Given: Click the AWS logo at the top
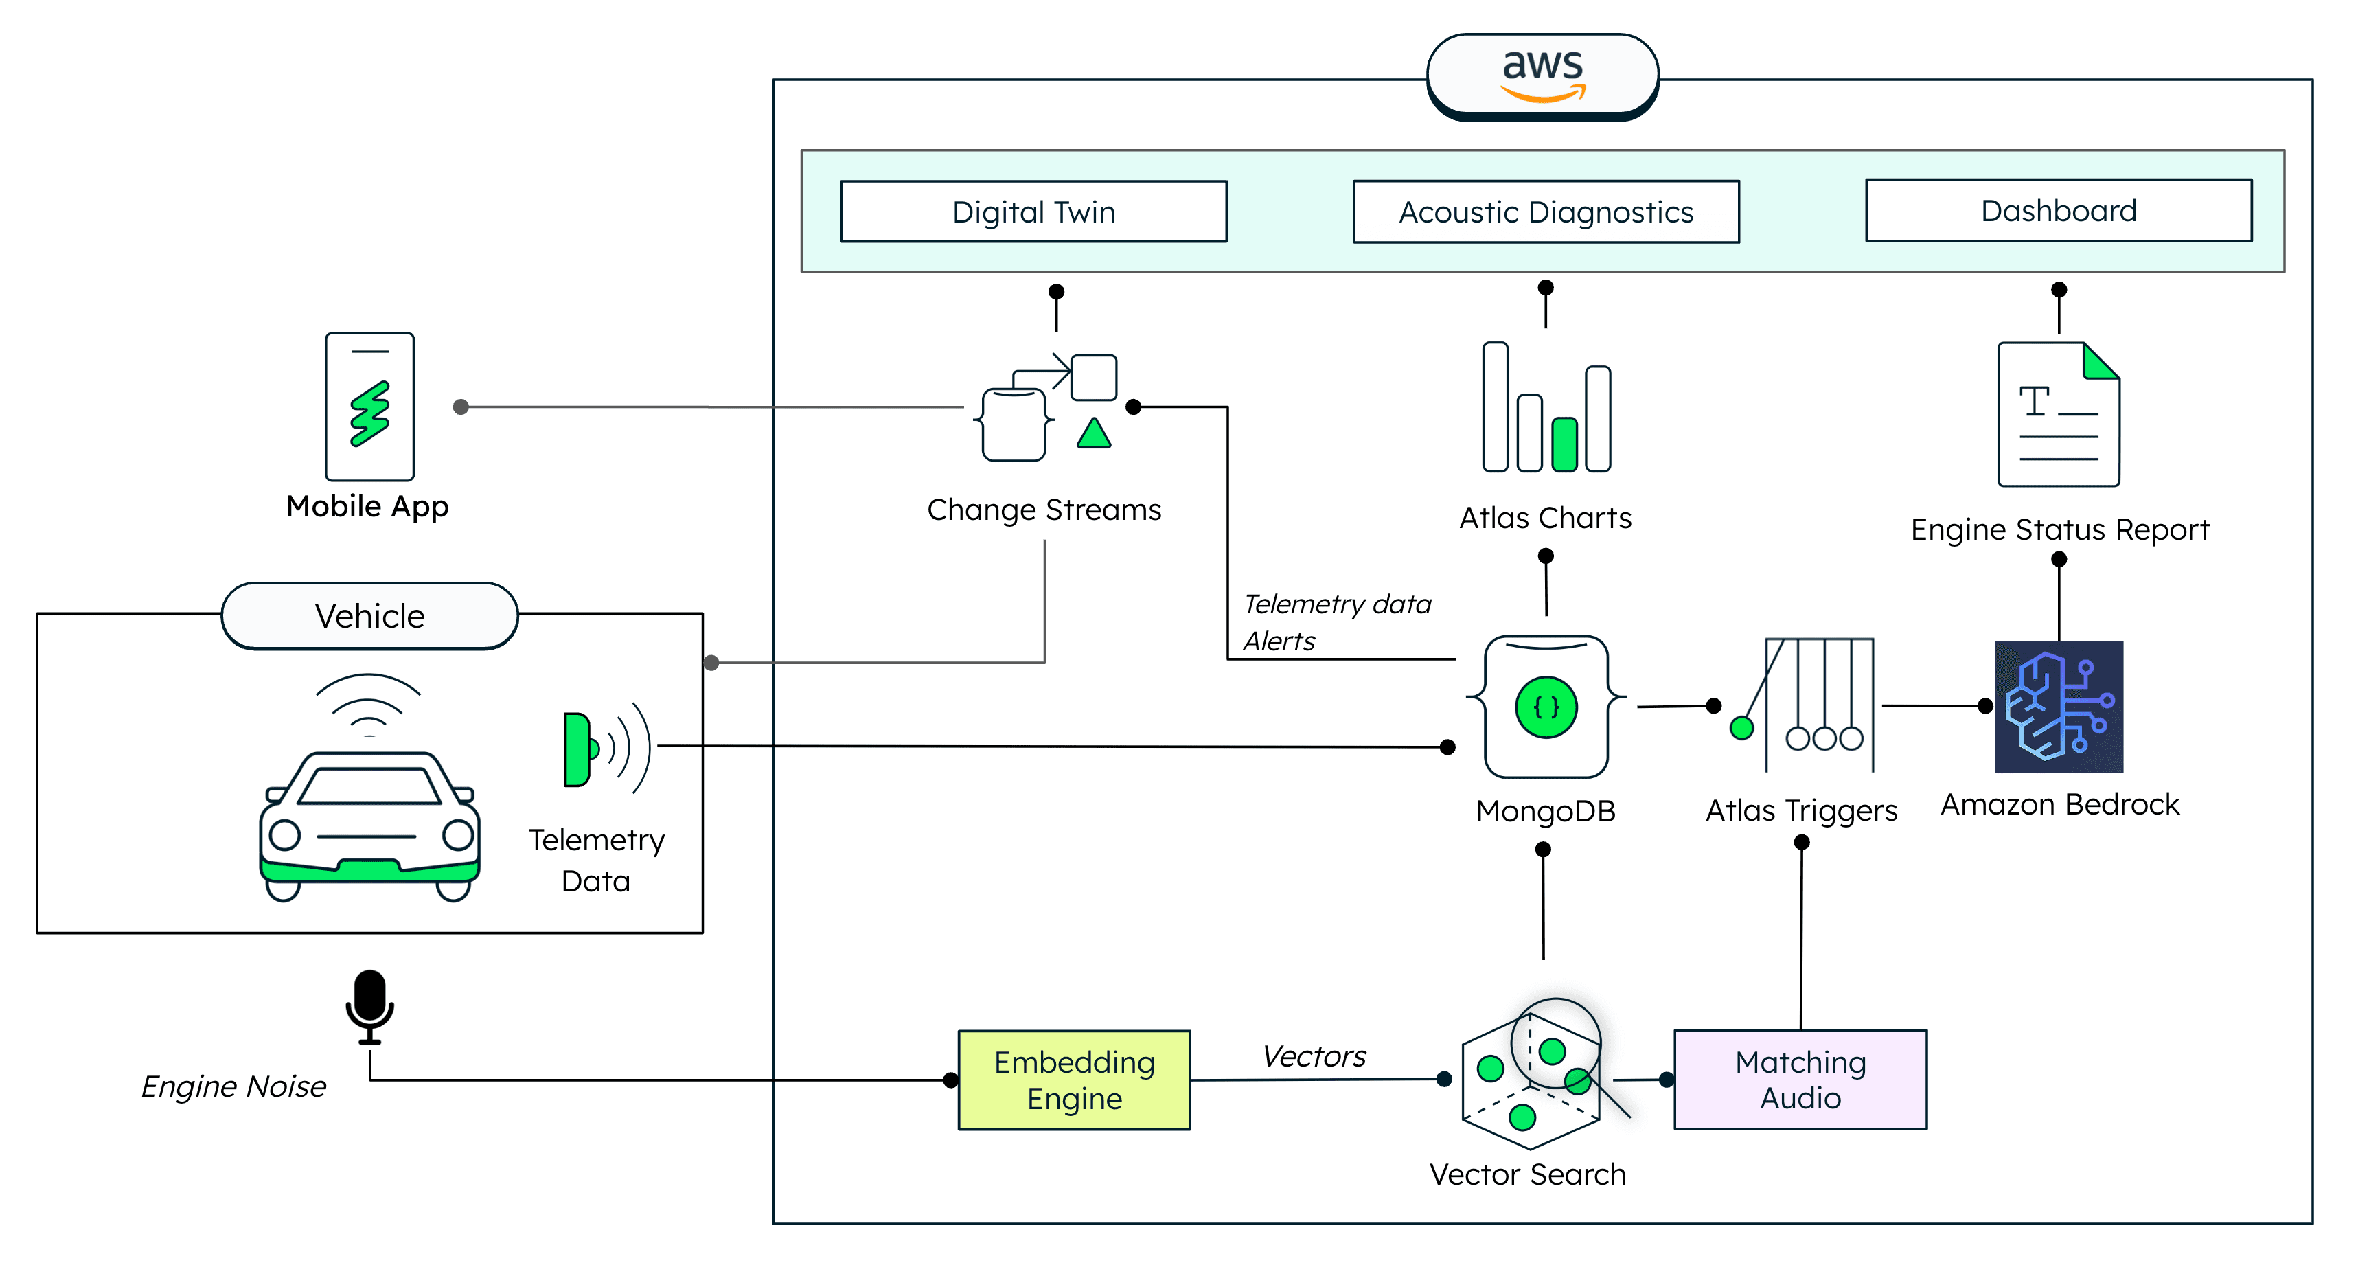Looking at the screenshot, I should [x=1542, y=73].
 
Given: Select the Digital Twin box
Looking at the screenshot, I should [x=1033, y=212].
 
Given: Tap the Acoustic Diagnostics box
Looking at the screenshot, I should [x=1545, y=212].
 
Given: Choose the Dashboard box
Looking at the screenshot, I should [x=2058, y=211].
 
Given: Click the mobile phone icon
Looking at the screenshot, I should [x=369, y=407].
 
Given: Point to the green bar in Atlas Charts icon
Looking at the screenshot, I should [x=1564, y=444].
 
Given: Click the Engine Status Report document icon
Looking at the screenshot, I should [x=2058, y=414].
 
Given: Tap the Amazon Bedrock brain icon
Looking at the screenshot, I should [x=2058, y=707].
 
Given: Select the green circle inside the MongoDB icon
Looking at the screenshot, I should [x=1546, y=707].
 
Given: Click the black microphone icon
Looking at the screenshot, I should [x=369, y=1005].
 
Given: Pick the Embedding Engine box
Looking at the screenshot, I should [x=1073, y=1080].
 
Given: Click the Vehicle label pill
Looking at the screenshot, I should [x=369, y=615].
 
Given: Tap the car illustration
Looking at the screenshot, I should [x=369, y=823].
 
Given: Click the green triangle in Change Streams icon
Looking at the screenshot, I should [x=1093, y=434].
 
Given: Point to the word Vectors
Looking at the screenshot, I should [x=1313, y=1056].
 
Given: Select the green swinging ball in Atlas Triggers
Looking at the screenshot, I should [x=1741, y=729].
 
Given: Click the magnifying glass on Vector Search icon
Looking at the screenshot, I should [x=1556, y=1043].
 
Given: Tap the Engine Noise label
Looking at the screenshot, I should [x=233, y=1086].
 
